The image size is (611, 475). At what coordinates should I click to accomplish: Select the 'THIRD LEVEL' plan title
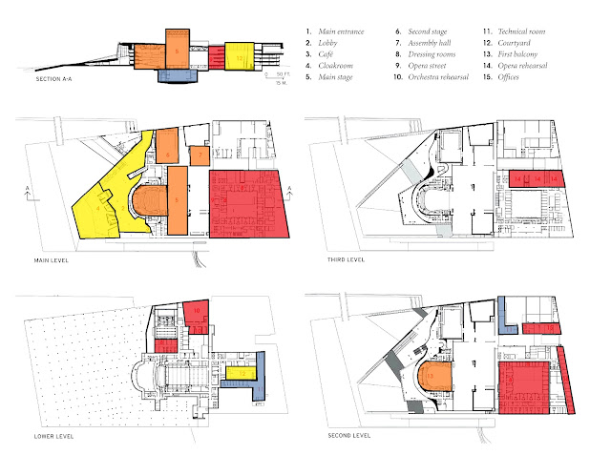point(330,258)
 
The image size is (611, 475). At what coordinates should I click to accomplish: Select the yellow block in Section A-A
point(238,57)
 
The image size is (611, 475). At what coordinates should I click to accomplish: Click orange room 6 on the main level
point(167,153)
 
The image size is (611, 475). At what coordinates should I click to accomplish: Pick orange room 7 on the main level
point(200,155)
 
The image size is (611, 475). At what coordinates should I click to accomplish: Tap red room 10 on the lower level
point(195,311)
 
